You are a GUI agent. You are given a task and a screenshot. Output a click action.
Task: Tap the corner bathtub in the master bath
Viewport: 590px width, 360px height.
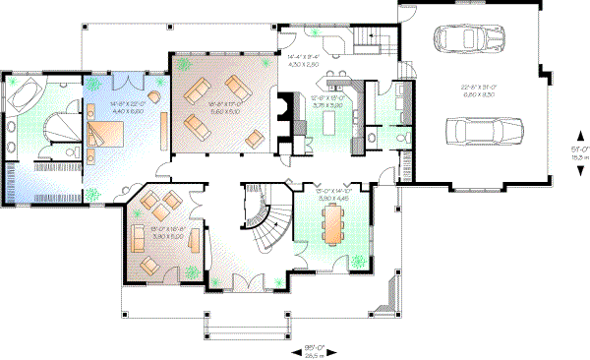pos(26,94)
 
